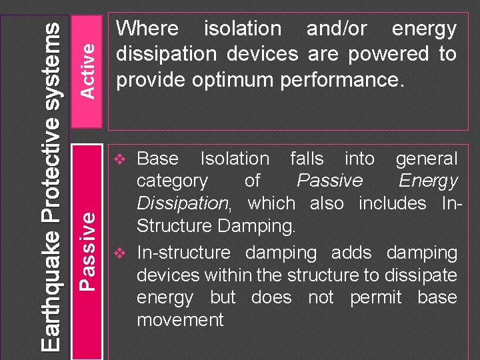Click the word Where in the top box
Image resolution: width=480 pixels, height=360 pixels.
click(x=147, y=29)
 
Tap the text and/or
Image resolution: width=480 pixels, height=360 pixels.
click(x=336, y=29)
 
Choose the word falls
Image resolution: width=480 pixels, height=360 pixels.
click(x=307, y=159)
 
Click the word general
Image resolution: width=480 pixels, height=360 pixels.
click(x=427, y=159)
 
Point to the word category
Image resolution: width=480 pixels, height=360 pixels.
click(x=172, y=181)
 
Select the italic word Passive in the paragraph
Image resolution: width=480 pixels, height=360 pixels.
click(x=329, y=181)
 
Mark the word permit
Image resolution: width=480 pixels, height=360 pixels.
click(x=375, y=297)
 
